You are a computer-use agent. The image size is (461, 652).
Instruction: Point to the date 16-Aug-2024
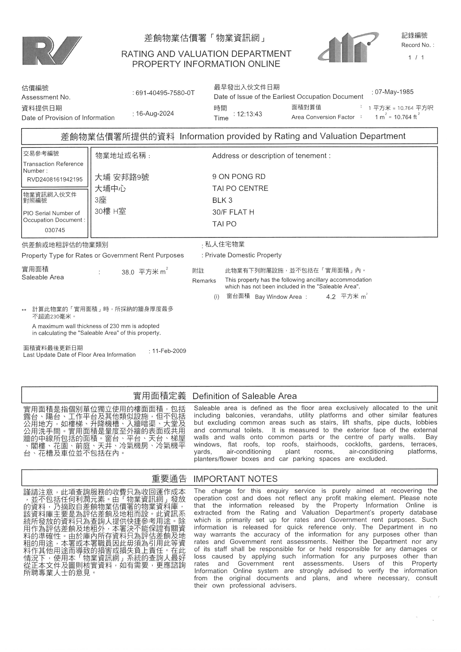(x=154, y=114)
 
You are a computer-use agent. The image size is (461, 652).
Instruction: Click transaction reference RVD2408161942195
(x=55, y=179)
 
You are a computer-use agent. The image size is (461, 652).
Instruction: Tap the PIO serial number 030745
(x=55, y=230)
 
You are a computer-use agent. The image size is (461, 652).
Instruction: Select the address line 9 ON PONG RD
(x=239, y=177)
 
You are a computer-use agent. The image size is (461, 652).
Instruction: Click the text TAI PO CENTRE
(x=240, y=188)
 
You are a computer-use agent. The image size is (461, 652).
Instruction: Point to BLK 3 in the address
(x=222, y=200)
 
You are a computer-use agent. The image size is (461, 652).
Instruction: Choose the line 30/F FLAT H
(x=233, y=212)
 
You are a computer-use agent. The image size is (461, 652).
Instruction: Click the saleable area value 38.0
(x=128, y=272)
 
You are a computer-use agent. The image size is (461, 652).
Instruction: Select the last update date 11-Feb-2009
(x=169, y=351)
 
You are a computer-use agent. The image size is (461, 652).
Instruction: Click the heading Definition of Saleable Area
(x=244, y=396)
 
